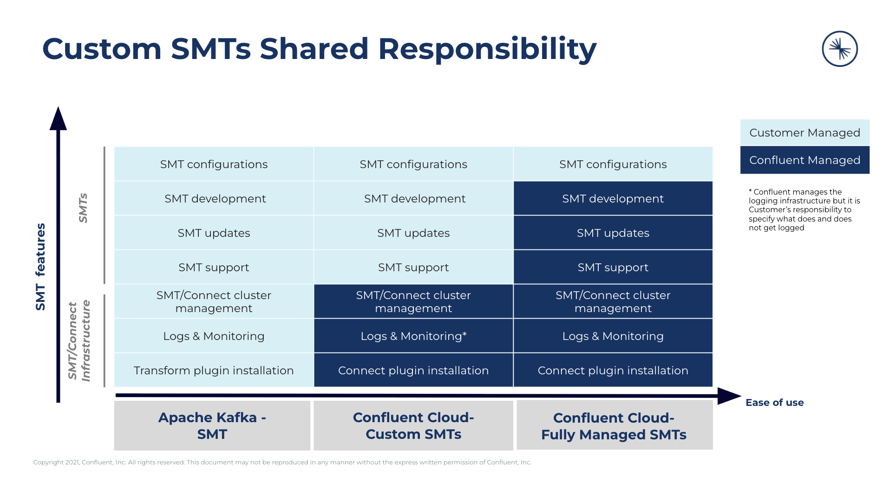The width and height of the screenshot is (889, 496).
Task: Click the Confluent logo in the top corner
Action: [x=839, y=49]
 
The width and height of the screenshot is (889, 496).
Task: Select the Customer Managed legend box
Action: [x=804, y=133]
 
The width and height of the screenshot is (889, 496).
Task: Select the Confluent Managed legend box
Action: [x=804, y=160]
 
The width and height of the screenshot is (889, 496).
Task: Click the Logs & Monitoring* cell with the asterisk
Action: [x=413, y=336]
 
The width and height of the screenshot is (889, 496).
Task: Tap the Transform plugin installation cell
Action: [x=214, y=370]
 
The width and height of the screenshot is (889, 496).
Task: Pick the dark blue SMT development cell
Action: [x=612, y=198]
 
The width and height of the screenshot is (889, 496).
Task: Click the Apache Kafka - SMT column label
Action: [x=212, y=425]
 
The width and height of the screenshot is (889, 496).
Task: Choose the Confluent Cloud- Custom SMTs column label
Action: [x=413, y=425]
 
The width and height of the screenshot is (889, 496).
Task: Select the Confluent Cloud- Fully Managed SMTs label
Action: [x=614, y=426]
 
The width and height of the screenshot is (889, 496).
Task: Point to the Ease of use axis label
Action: [x=774, y=403]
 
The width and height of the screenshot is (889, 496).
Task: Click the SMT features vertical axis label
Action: [x=41, y=267]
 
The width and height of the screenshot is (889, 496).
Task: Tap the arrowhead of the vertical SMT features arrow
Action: [x=58, y=119]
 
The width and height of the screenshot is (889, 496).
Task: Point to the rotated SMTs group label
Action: [x=83, y=208]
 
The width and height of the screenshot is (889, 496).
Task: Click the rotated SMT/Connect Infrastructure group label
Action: [x=79, y=340]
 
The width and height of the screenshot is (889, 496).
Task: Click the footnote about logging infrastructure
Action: [x=804, y=209]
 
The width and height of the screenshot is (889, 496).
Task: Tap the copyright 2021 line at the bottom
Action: [x=282, y=462]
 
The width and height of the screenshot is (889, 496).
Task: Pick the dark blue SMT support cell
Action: [x=612, y=267]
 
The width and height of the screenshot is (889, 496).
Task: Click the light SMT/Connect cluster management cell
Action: [x=214, y=301]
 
